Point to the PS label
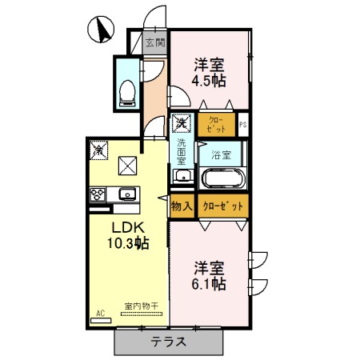pyautogui.click(x=244, y=124)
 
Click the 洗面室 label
pyautogui.click(x=182, y=151)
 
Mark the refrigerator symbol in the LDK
pyautogui.click(x=98, y=149)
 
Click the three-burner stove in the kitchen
pyautogui.click(x=98, y=194)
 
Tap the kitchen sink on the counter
pyautogui.click(x=127, y=194)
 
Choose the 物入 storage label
pyautogui.click(x=182, y=206)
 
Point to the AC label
pyautogui.click(x=101, y=313)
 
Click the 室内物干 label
pyautogui.click(x=139, y=306)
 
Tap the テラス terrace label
pyautogui.click(x=169, y=342)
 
